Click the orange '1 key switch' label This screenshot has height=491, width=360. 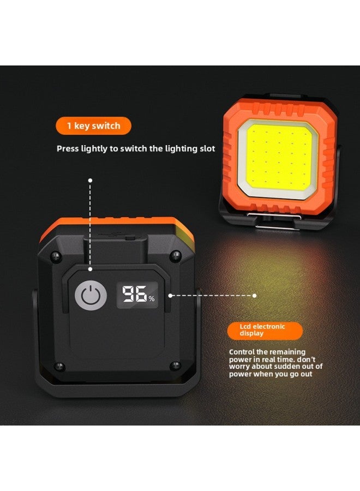click(x=94, y=126)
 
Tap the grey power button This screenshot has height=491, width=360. click(x=88, y=295)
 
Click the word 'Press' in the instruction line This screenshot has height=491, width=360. click(x=69, y=148)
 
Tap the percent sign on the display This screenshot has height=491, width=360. click(x=152, y=298)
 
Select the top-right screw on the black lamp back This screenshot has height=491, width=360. click(x=175, y=254)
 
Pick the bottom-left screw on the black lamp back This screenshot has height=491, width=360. click(x=60, y=366)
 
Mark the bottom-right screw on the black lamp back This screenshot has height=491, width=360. click(x=175, y=364)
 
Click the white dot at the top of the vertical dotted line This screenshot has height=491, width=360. click(x=91, y=179)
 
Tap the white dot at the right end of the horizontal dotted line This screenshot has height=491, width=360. click(x=254, y=295)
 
